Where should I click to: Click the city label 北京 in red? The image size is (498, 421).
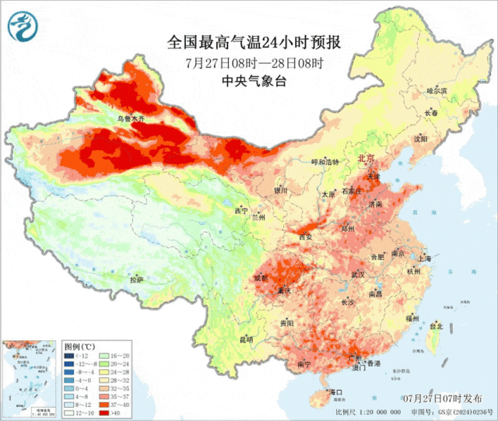click(x=366, y=159)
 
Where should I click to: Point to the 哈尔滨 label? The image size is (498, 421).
click(x=437, y=91)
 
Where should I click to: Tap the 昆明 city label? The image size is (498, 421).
click(x=246, y=339)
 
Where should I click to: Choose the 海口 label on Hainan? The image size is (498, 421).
click(x=336, y=391)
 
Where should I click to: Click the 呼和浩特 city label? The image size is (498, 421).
click(x=325, y=162)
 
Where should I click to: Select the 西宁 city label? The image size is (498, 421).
click(x=241, y=211)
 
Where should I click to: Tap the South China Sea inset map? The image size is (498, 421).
click(x=30, y=377)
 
